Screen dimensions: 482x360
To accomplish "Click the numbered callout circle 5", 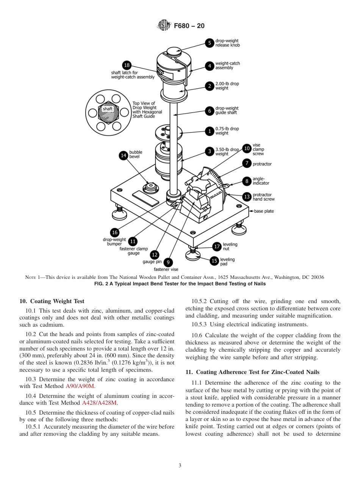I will pos(210,43).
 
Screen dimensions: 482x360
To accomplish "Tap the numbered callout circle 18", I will pos(127,65).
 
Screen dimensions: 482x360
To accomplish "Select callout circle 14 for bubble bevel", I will pos(124,155).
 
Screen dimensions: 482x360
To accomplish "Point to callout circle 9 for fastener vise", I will pos(168,262).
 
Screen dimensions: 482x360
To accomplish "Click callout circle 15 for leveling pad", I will pos(214,261).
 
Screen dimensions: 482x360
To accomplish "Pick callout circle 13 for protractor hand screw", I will pos(247,197).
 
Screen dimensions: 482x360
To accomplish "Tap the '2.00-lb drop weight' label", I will pos(227,86).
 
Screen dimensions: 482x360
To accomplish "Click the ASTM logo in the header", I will pos(164,26).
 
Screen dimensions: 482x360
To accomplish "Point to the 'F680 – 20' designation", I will pos(189,26).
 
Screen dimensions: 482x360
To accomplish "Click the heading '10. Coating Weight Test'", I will pos(52,301).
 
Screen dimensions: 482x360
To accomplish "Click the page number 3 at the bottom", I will pos(180,465).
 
